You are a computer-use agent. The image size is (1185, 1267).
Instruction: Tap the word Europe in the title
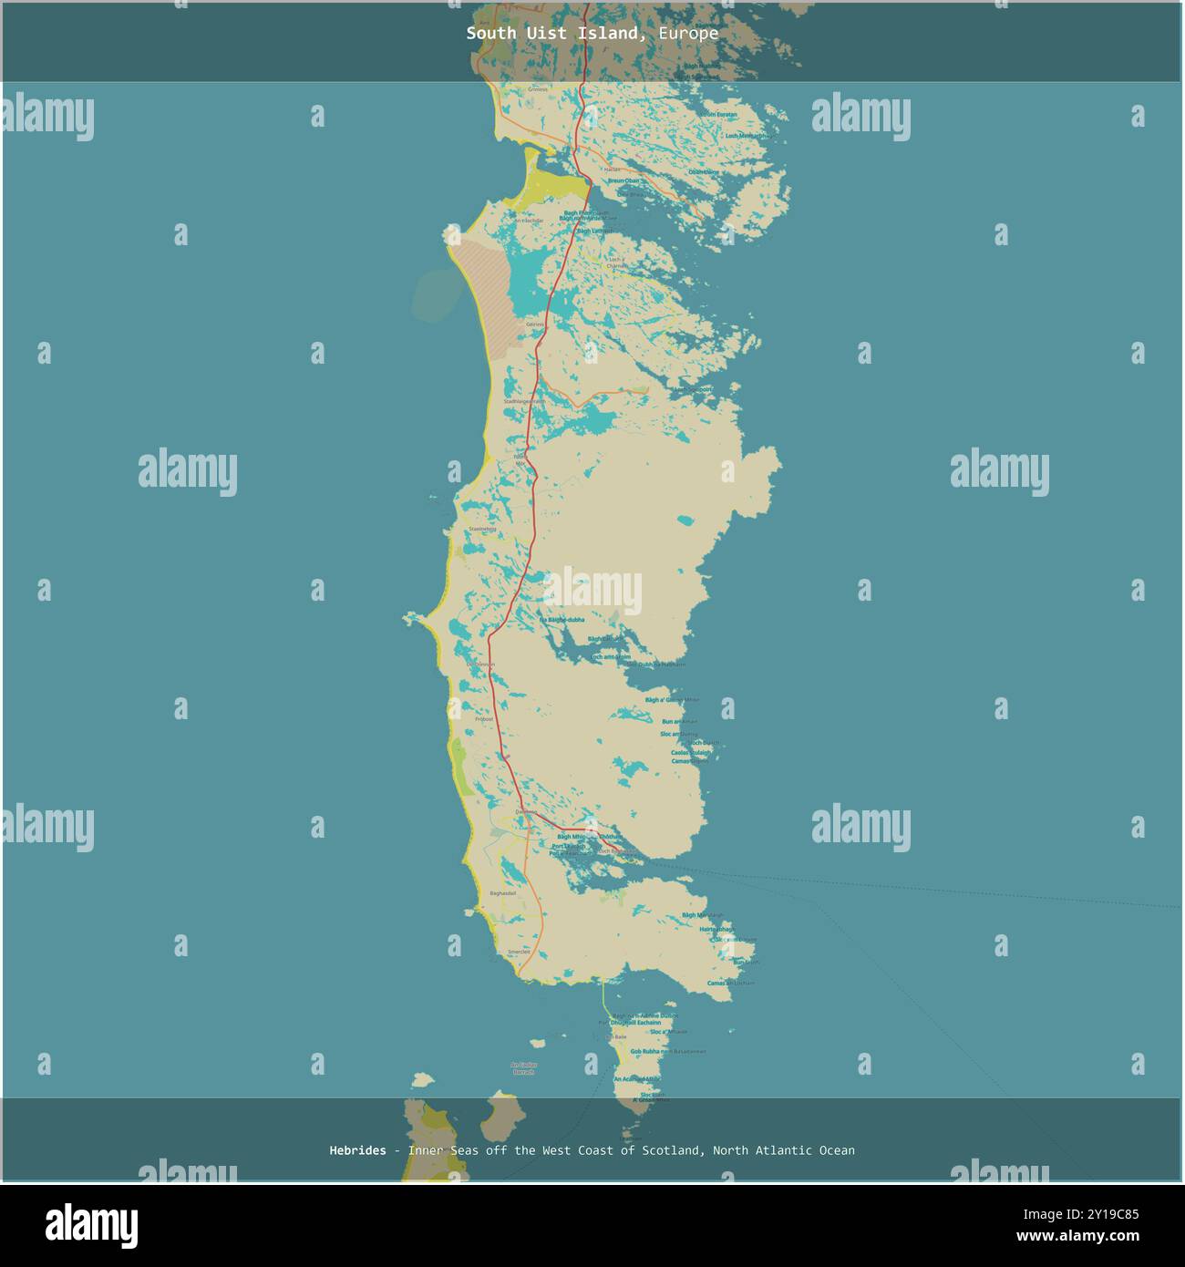[x=688, y=34]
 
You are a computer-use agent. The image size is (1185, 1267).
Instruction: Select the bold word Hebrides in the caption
[x=357, y=1150]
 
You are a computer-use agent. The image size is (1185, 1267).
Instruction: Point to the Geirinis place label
[x=534, y=324]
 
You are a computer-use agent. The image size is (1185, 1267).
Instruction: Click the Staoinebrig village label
[x=482, y=529]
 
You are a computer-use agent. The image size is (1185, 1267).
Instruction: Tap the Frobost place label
[x=484, y=719]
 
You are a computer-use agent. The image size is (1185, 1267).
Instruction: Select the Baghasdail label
[x=502, y=893]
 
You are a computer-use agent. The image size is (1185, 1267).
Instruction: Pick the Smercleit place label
[x=519, y=952]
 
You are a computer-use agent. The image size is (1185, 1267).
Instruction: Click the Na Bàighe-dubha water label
[x=562, y=620]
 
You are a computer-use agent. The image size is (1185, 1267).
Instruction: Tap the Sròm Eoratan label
[x=718, y=115]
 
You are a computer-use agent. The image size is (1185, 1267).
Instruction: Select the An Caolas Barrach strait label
[x=524, y=1068]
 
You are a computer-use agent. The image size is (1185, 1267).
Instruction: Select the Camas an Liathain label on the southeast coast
[x=731, y=984]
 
